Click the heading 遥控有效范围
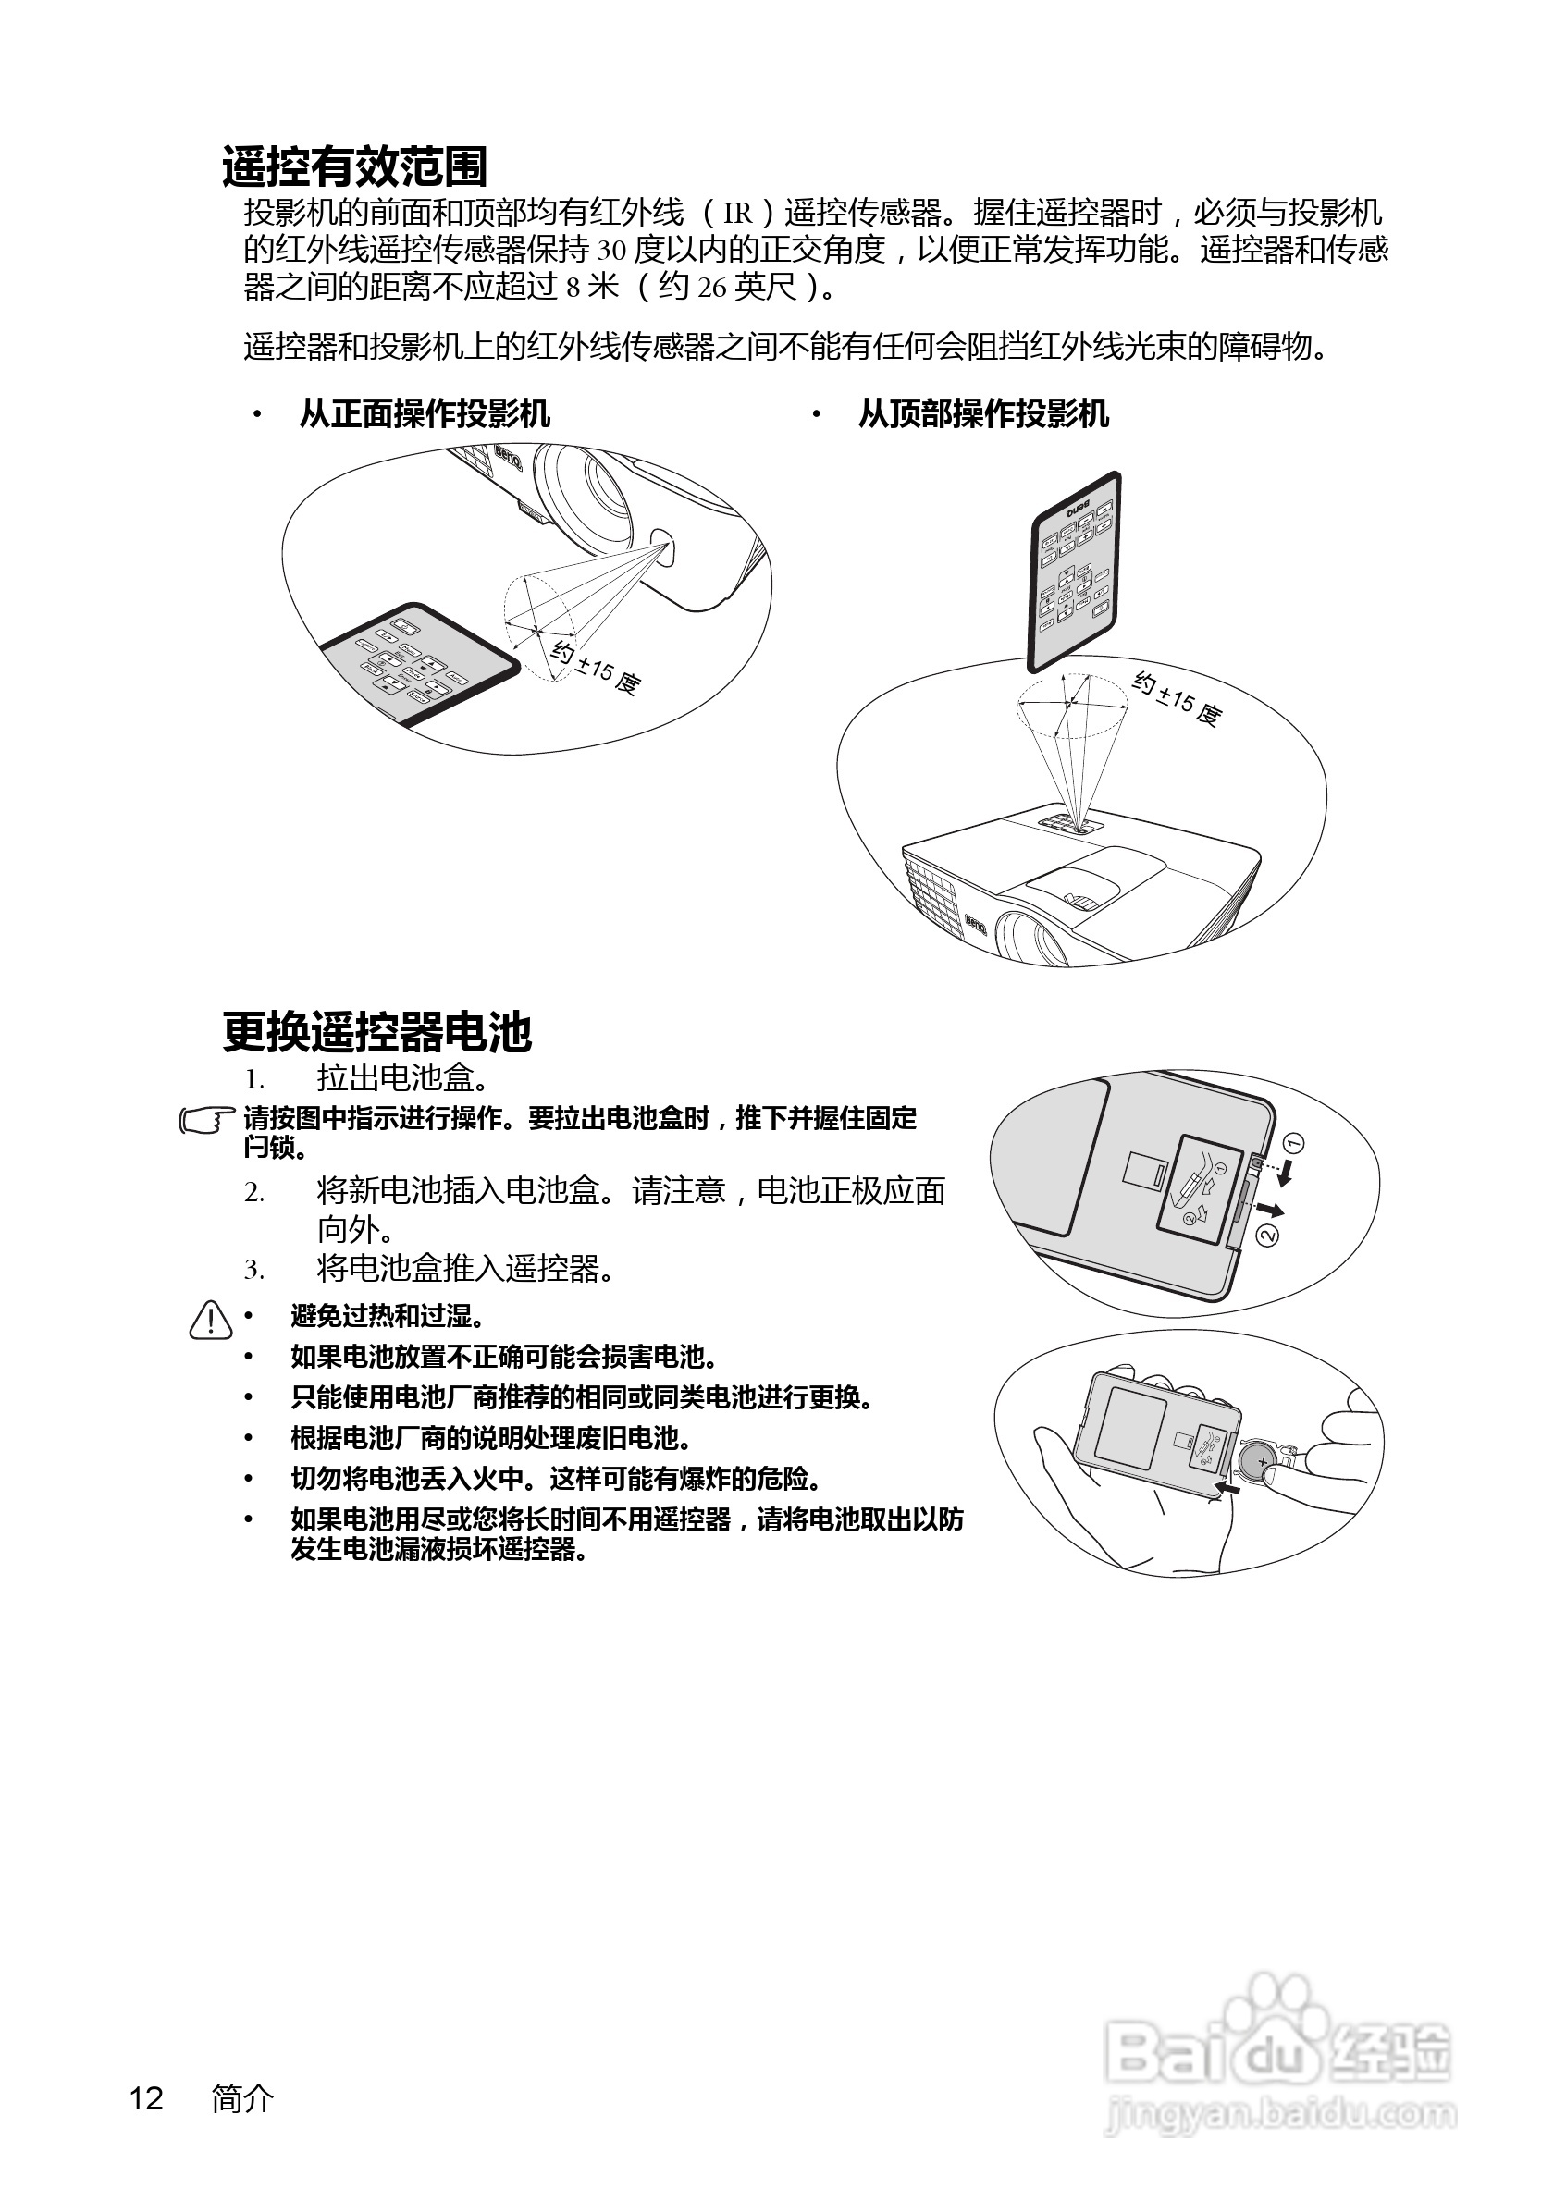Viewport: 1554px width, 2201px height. [x=354, y=166]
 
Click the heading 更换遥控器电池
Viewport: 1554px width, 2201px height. [x=376, y=1032]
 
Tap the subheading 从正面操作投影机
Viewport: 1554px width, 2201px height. [x=424, y=414]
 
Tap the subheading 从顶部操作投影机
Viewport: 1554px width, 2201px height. [x=982, y=414]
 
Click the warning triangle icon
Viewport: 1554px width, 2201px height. [x=211, y=1320]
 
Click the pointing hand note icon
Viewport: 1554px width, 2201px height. [x=206, y=1120]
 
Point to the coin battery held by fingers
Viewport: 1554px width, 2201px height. [x=1259, y=1462]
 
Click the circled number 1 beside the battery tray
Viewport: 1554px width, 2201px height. [x=1293, y=1143]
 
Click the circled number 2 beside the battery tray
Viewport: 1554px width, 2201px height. [x=1267, y=1236]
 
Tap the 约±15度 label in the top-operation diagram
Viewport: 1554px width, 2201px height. [x=1178, y=699]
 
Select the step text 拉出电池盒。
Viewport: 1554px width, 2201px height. [x=403, y=1078]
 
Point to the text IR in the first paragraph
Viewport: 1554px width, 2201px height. [x=737, y=213]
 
